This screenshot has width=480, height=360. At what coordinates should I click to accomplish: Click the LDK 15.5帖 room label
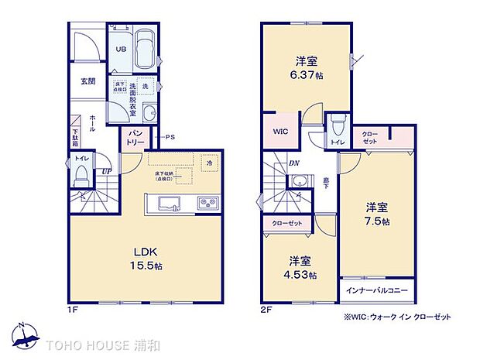pos(145,259)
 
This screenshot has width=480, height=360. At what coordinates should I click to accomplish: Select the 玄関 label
pos(87,81)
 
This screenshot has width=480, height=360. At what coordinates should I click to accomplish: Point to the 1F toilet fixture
pos(80,177)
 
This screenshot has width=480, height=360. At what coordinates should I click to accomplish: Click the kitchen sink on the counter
pos(169,204)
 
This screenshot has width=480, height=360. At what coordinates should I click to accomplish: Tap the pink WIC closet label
pos(279,132)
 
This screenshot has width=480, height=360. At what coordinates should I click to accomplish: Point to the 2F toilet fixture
pos(336,127)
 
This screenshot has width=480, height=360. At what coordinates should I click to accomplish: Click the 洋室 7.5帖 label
pos(377,213)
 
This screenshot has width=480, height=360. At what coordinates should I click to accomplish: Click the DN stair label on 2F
pos(295,163)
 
